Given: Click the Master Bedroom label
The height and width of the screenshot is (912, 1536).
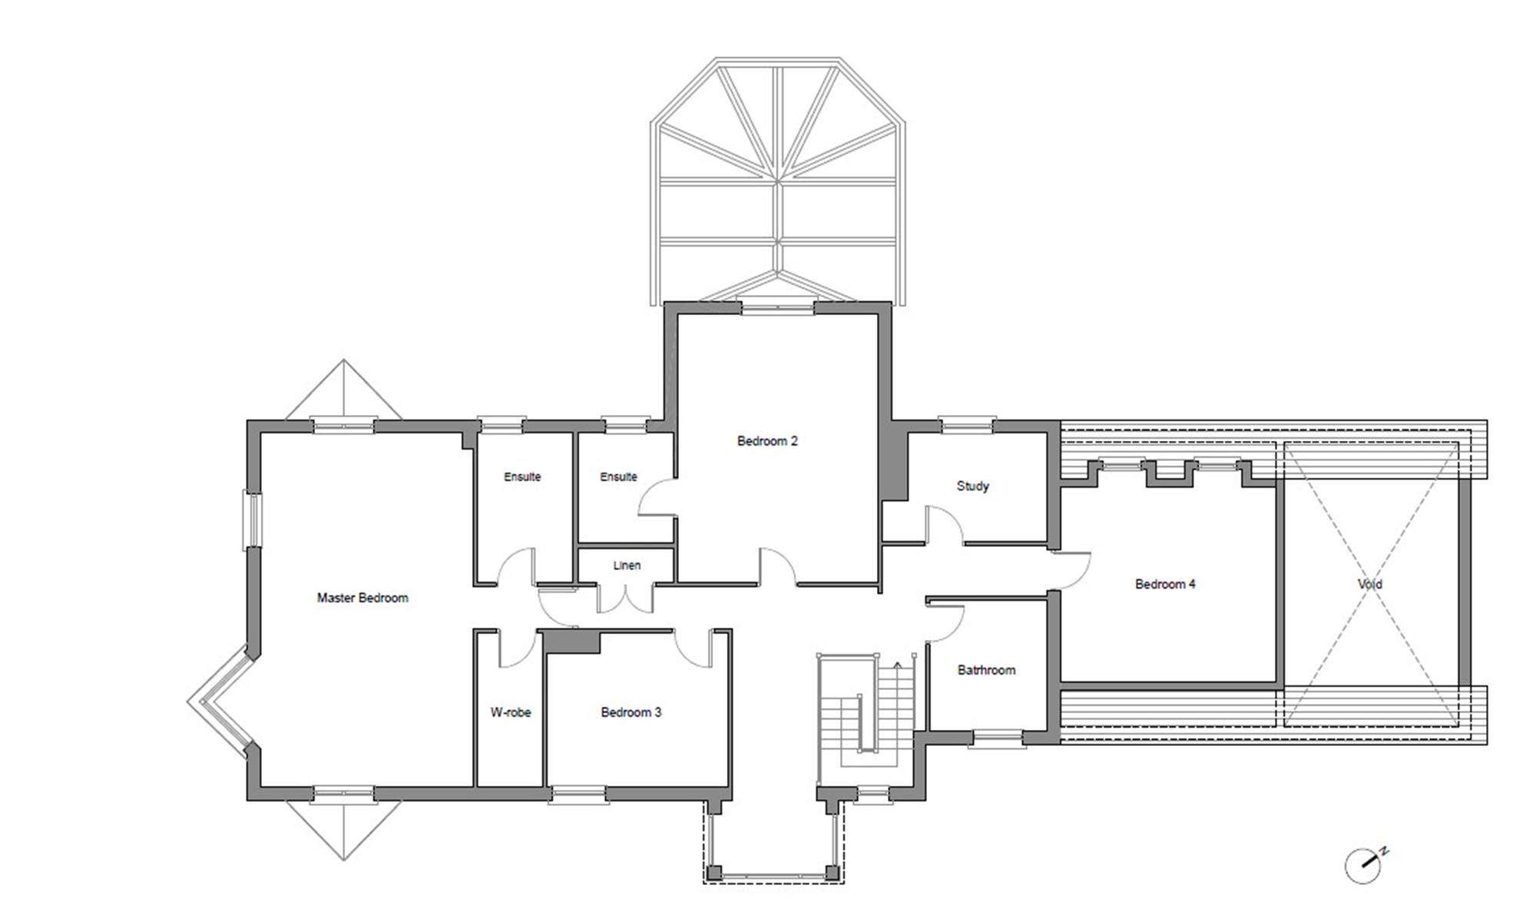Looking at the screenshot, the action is pyautogui.click(x=362, y=598).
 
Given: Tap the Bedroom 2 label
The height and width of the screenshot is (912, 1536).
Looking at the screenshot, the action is pyautogui.click(x=767, y=441).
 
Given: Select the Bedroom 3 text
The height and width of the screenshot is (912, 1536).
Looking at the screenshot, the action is pyautogui.click(x=631, y=712).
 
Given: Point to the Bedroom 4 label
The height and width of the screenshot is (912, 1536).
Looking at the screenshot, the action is pyautogui.click(x=1165, y=584).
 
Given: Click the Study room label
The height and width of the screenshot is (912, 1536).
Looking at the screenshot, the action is pyautogui.click(x=972, y=486).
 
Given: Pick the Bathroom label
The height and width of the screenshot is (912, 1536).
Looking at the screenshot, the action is pyautogui.click(x=986, y=670).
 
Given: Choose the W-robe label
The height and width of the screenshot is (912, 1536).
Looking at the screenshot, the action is pyautogui.click(x=511, y=712).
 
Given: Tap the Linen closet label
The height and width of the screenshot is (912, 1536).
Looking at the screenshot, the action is pyautogui.click(x=627, y=565).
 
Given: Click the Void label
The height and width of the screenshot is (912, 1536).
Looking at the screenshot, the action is pyautogui.click(x=1370, y=584).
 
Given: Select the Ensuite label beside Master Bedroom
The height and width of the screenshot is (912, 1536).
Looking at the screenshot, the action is pyautogui.click(x=522, y=476).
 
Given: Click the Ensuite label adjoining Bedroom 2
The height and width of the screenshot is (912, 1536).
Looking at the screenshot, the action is pyautogui.click(x=618, y=476).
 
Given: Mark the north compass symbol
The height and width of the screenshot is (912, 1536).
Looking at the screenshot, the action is pyautogui.click(x=1365, y=866).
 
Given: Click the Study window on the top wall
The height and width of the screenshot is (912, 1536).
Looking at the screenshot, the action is pyautogui.click(x=967, y=424).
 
